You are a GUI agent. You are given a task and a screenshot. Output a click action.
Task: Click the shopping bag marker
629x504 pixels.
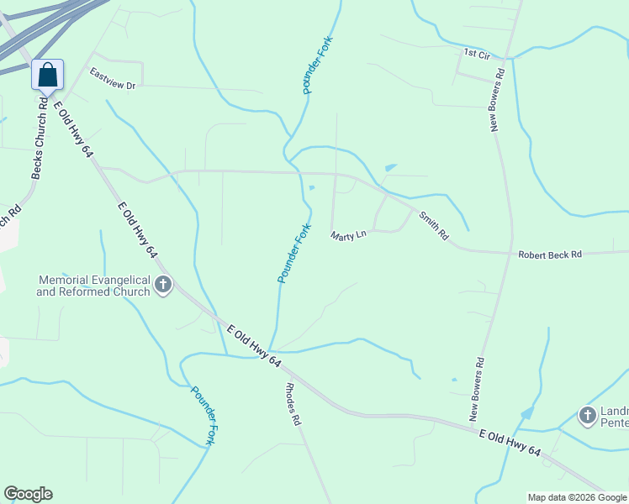(x=48, y=75)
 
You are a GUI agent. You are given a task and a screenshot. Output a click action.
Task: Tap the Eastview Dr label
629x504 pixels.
(x=113, y=78)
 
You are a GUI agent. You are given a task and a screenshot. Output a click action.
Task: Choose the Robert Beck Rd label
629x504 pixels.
(x=550, y=254)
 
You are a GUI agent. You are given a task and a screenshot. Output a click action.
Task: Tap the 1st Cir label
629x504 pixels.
(x=476, y=54)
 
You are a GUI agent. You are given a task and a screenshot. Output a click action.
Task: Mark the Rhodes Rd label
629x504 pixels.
(x=293, y=405)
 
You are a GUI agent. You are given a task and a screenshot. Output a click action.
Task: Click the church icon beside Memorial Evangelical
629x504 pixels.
(x=163, y=286)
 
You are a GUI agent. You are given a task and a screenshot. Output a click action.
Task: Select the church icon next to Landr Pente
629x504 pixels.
(x=588, y=415)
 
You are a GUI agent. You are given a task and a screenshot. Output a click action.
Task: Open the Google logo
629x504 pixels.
(x=28, y=494)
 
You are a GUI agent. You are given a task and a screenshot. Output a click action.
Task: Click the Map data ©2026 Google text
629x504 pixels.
(x=577, y=497)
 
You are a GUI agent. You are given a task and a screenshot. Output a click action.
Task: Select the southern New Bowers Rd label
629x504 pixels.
(x=478, y=389)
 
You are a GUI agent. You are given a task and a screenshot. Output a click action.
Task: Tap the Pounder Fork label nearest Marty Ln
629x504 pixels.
(x=294, y=253)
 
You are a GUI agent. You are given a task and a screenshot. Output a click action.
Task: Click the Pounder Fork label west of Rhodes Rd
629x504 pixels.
(x=204, y=415)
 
